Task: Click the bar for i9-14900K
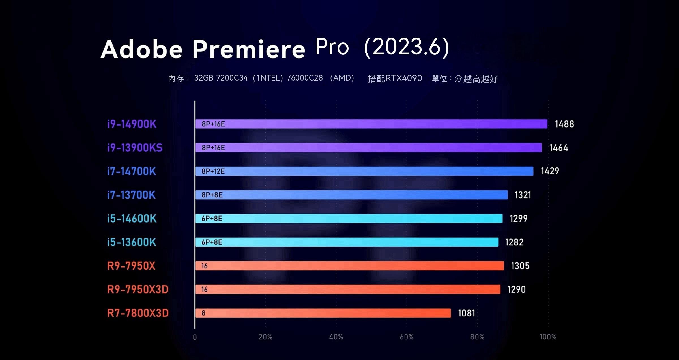point(371,124)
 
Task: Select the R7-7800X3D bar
point(323,313)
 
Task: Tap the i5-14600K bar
point(349,218)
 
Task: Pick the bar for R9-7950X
point(349,266)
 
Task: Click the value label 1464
point(558,148)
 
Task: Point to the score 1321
point(523,195)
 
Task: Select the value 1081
point(466,313)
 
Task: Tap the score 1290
point(516,289)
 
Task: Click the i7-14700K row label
point(132,171)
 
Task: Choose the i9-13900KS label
point(135,148)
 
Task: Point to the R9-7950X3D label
point(138,289)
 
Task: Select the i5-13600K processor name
point(132,242)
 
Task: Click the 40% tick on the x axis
point(336,337)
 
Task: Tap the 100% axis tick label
point(548,337)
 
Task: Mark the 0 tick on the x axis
point(195,337)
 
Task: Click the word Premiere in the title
point(249,49)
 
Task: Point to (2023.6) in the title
point(407,47)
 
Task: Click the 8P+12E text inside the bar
point(213,171)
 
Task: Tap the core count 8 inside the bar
point(203,313)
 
